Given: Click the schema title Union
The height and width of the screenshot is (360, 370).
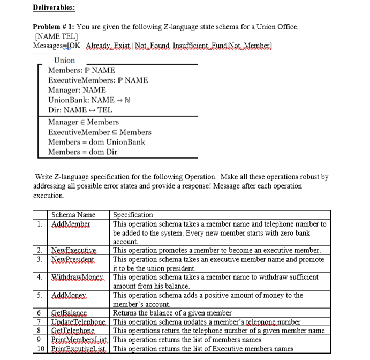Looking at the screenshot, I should [65, 60].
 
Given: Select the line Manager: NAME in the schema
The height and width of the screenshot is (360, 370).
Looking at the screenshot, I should [77, 90].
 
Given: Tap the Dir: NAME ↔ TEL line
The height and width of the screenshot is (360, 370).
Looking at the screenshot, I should [80, 110].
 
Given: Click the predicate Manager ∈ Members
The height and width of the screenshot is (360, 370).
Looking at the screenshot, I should [84, 122].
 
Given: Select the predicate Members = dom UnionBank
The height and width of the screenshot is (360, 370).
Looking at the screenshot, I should [96, 142].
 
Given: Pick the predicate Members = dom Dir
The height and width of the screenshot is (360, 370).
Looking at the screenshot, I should [84, 152].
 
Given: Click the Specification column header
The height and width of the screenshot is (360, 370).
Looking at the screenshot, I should [133, 215].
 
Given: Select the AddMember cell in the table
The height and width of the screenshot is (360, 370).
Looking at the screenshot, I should [70, 224].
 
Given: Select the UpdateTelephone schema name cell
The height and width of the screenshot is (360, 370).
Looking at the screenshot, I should [79, 322].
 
